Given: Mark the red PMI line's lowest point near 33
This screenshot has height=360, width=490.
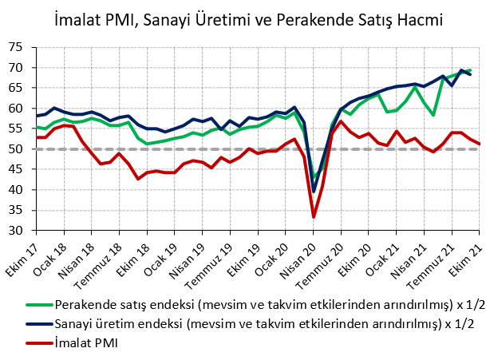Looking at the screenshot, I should coord(314,217).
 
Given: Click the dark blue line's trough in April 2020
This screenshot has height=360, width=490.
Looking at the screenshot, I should coord(314,192).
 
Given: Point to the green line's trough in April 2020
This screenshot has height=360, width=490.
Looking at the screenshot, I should coord(315,177).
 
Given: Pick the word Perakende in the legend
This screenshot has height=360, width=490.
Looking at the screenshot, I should coord(87,304).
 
